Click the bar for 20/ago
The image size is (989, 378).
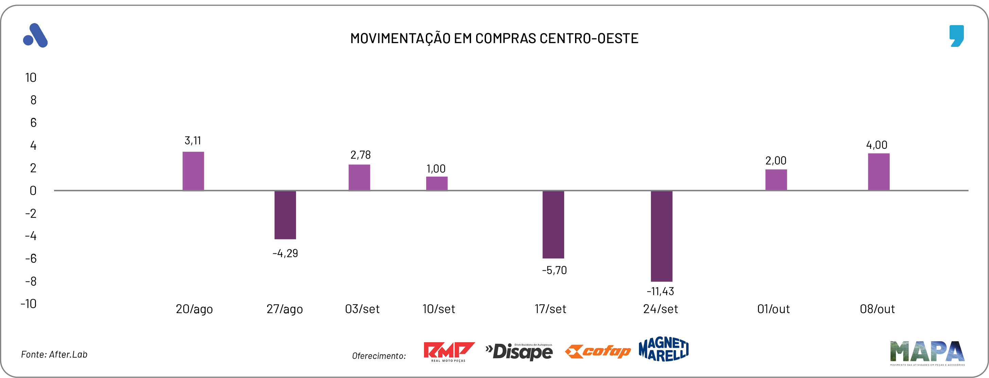pyautogui.click(x=193, y=171)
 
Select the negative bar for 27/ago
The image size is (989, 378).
pyautogui.click(x=285, y=215)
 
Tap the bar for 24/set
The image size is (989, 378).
pyautogui.click(x=661, y=236)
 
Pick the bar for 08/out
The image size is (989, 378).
pyautogui.click(x=879, y=172)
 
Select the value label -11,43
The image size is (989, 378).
pyautogui.click(x=660, y=292)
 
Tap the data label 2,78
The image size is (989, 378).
pyautogui.click(x=360, y=155)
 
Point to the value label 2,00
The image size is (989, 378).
pyautogui.click(x=776, y=161)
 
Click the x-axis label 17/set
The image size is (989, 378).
pyautogui.click(x=550, y=309)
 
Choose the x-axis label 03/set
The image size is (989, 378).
pyautogui.click(x=362, y=309)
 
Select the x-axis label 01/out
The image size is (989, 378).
pyautogui.click(x=773, y=309)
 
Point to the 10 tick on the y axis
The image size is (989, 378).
pyautogui.click(x=31, y=78)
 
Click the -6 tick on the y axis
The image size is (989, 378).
pyautogui.click(x=31, y=259)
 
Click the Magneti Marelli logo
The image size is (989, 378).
pyautogui.click(x=663, y=349)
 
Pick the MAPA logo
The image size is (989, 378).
pyautogui.click(x=927, y=353)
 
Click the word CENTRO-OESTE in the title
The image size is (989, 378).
pyautogui.click(x=589, y=39)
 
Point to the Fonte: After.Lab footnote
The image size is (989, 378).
pyautogui.click(x=54, y=355)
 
